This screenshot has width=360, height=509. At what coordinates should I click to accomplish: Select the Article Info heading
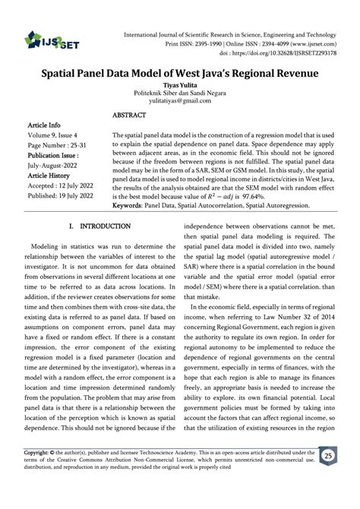point(44,124)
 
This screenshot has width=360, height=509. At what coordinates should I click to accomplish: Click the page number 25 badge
point(327,476)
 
